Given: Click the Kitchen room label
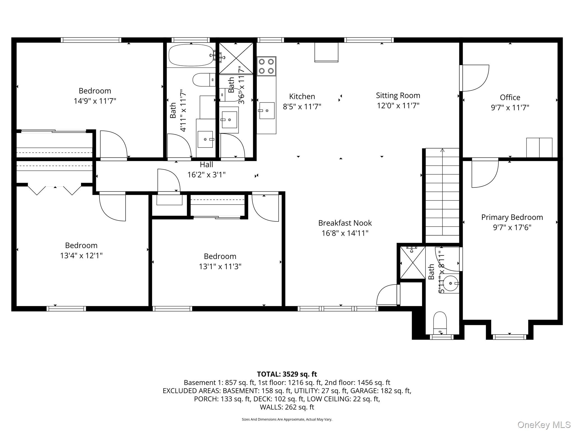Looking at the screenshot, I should click(302, 97).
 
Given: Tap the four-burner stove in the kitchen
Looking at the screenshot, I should click(266, 66).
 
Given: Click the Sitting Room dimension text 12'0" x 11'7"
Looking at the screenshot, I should click(398, 106).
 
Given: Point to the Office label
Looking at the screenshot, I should click(510, 97).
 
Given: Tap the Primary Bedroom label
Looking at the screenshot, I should click(512, 217).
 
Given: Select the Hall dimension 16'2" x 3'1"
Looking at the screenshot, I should click(206, 175).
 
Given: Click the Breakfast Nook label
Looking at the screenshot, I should click(345, 223).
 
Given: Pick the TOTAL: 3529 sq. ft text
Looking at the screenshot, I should click(287, 374).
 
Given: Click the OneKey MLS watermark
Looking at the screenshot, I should click(544, 425).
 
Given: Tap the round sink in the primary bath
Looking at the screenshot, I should click(450, 283).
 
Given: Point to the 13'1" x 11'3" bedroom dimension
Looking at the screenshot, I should click(220, 266).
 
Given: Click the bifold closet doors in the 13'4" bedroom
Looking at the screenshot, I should click(55, 190).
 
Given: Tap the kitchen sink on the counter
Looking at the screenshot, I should click(267, 111).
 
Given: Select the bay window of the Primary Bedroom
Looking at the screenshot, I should click(509, 336).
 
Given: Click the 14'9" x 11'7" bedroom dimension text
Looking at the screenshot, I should click(95, 101).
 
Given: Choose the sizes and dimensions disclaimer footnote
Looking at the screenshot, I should click(287, 419).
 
